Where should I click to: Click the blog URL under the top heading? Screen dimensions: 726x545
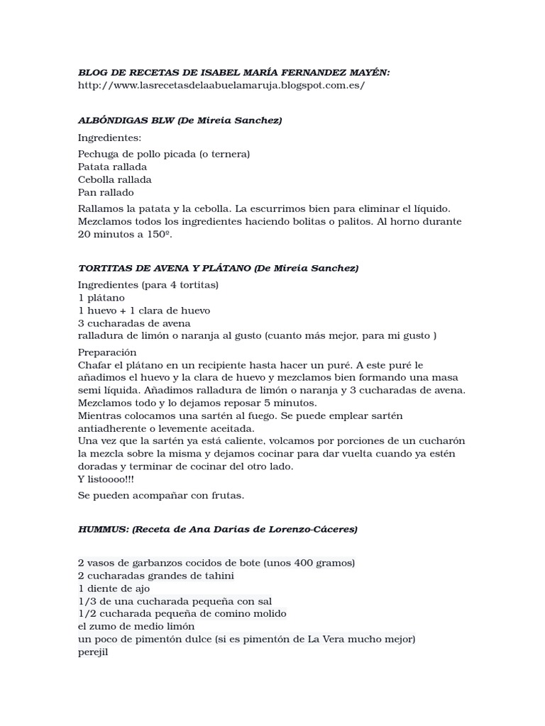pyautogui.click(x=221, y=85)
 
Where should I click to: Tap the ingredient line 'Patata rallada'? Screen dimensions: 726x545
pyautogui.click(x=113, y=167)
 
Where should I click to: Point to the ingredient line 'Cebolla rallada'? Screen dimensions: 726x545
pyautogui.click(x=115, y=179)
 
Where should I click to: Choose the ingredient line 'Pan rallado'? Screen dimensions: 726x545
pyautogui.click(x=106, y=192)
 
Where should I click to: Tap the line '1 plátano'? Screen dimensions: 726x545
pyautogui.click(x=101, y=298)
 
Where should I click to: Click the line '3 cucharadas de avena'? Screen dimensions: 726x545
pyautogui.click(x=134, y=323)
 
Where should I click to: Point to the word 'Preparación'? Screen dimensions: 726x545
pyautogui.click(x=107, y=352)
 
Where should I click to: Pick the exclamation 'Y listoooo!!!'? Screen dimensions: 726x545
pyautogui.click(x=106, y=479)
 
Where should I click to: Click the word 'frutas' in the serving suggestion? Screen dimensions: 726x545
pyautogui.click(x=229, y=496)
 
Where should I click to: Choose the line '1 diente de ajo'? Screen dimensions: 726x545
pyautogui.click(x=114, y=588)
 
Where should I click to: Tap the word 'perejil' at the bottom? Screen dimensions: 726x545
pyautogui.click(x=92, y=652)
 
